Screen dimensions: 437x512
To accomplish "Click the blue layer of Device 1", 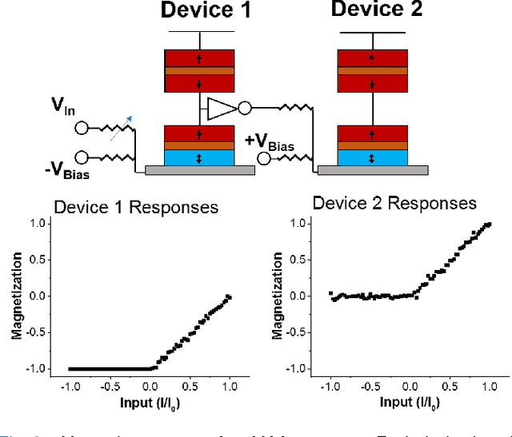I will pos(198,157).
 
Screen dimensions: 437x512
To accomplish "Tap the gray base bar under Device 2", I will pos(372,170).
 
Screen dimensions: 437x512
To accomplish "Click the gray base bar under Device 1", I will pos(199,170).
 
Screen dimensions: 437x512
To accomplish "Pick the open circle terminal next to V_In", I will pos(81,128).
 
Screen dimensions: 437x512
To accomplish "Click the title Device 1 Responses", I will pos(135,208).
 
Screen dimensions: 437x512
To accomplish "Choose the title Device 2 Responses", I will pos(394,203).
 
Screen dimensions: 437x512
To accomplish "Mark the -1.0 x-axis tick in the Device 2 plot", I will pos(329,384).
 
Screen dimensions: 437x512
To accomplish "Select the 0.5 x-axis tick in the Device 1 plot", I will pos(187,384).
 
